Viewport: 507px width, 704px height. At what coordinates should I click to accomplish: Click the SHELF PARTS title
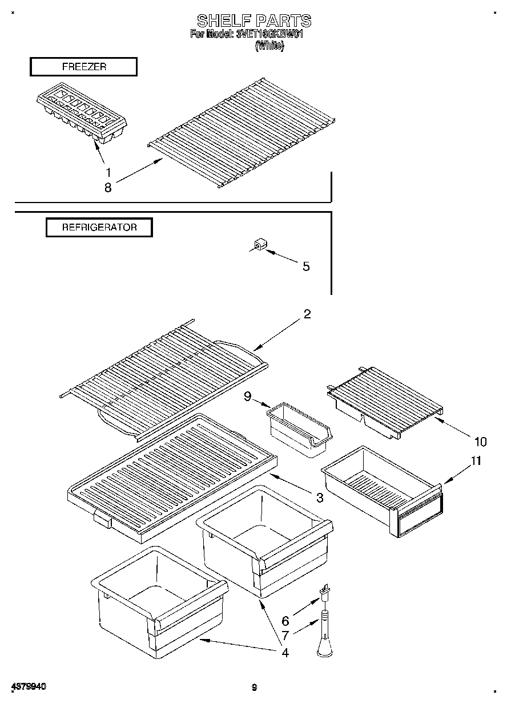point(254,21)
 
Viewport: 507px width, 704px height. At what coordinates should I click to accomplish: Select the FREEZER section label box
point(83,67)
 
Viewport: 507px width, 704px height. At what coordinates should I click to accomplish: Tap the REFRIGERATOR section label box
point(99,227)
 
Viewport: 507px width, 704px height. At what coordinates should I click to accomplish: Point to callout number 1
point(107,172)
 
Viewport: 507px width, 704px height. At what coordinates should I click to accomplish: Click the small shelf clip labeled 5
point(260,245)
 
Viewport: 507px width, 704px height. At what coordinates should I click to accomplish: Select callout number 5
point(306,266)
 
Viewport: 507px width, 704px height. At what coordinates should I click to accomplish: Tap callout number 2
point(307,314)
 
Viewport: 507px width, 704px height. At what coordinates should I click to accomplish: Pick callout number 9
point(247,396)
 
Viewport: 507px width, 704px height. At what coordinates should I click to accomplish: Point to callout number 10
point(480,441)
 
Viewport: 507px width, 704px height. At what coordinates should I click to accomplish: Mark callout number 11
point(476,461)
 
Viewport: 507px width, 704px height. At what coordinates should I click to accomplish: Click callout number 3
point(319,498)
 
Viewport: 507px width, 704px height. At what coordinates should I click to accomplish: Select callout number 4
point(284,652)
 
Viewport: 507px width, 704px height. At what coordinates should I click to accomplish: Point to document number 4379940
point(28,687)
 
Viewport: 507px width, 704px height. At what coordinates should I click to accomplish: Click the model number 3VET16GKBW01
point(268,34)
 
